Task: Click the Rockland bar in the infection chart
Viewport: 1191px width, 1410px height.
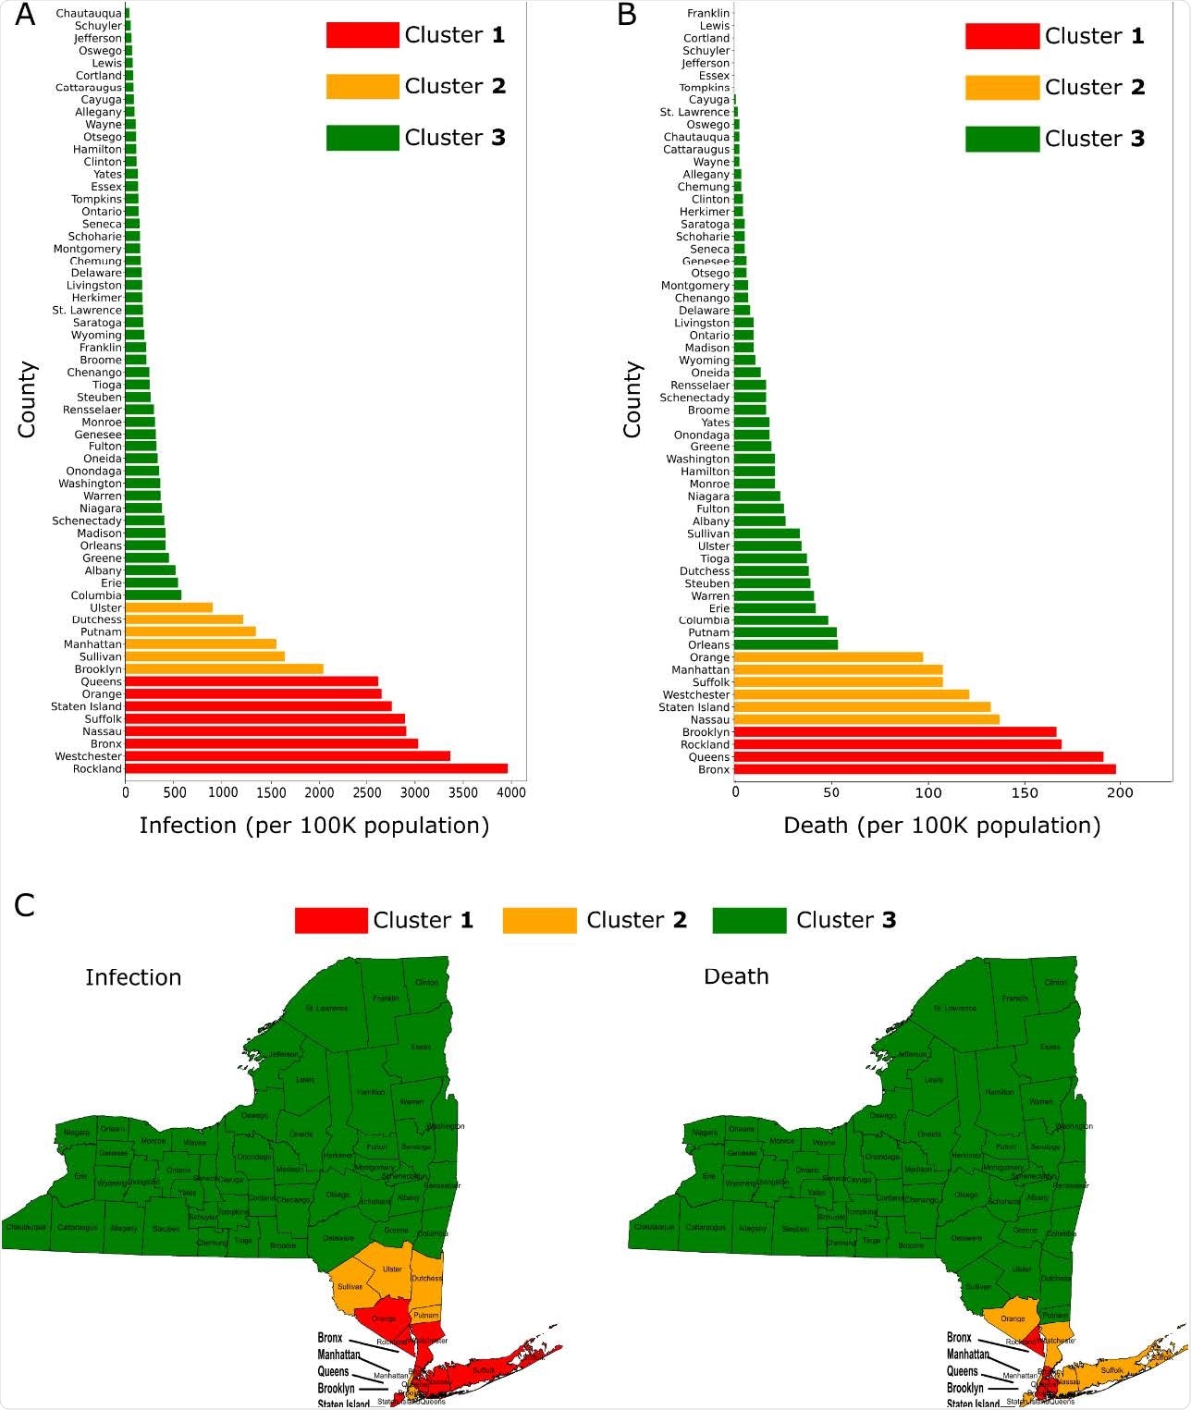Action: [316, 768]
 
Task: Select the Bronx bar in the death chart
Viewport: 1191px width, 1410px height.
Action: [925, 769]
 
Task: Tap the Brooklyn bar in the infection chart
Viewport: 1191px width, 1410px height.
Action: [224, 668]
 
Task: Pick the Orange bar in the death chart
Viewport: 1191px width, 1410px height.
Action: [829, 657]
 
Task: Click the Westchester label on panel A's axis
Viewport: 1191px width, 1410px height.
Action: [88, 756]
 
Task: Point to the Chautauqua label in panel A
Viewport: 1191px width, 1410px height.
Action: [88, 14]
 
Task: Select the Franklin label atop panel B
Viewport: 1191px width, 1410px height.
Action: [708, 13]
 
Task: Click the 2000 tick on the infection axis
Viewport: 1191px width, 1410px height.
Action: [319, 792]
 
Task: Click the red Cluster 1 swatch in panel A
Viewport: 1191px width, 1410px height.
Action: [362, 35]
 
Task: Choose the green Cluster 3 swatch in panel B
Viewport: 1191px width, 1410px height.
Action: [1001, 139]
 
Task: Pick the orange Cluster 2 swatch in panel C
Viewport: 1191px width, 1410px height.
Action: [539, 920]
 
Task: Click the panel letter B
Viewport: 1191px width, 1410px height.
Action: [627, 16]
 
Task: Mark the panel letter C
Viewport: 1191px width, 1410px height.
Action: [24, 905]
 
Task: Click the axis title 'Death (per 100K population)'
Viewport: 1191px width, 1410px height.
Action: [941, 825]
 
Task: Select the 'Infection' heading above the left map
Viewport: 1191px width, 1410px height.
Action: [133, 977]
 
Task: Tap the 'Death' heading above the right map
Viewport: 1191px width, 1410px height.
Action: [736, 976]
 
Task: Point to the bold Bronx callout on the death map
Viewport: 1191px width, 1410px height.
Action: [959, 1338]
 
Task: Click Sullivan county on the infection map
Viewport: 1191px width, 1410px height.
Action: [350, 1286]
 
